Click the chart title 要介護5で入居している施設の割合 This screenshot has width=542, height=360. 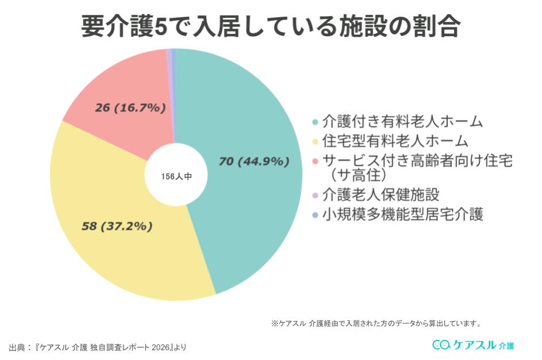click(x=270, y=26)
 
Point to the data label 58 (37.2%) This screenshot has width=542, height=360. click(x=117, y=226)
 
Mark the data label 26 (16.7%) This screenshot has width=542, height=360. click(x=130, y=107)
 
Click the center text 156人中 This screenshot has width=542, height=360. click(x=176, y=177)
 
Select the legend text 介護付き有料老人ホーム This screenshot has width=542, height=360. click(x=402, y=122)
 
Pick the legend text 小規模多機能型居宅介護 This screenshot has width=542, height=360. click(x=402, y=215)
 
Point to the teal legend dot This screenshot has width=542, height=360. click(x=315, y=122)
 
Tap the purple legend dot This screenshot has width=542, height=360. click(x=315, y=195)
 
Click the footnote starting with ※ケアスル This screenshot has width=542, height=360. click(x=375, y=323)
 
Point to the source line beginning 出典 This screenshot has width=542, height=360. click(x=98, y=347)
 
